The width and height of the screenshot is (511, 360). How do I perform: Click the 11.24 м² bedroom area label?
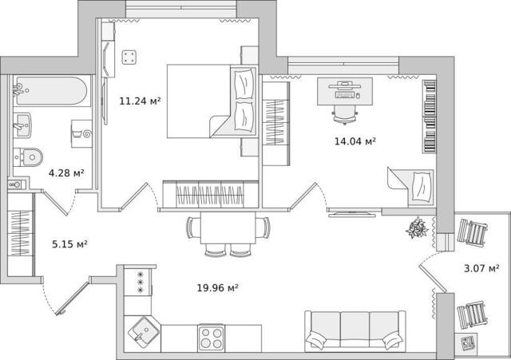coord(140,101)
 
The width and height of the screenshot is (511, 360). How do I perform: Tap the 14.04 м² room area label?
coord(355,141)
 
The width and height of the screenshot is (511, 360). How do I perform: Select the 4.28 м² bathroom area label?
coord(66,173)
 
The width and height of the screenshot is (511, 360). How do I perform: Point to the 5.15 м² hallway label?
coord(69,244)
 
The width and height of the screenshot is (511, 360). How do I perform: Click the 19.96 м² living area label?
coord(217,288)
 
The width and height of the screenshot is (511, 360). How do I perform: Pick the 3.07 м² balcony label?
coord(481,269)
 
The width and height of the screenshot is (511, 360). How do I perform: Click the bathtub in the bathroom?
coord(50,91)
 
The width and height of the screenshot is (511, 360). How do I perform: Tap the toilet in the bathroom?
coord(29,157)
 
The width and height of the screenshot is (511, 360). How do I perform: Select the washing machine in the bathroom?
coord(81,133)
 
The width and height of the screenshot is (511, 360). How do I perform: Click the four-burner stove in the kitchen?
coord(211,338)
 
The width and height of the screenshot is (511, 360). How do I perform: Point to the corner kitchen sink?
coord(144,333)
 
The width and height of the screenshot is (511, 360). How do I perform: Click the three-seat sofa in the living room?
coord(355,331)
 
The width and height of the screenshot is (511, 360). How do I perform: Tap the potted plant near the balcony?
coord(417,227)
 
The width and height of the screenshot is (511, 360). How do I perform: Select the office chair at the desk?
coord(346,116)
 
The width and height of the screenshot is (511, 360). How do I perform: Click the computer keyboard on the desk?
coord(345,95)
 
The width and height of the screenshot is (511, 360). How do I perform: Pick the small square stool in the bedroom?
coord(129,57)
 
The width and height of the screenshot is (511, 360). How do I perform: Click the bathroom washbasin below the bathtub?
coord(22,125)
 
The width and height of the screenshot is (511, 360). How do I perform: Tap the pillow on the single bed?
coord(422,187)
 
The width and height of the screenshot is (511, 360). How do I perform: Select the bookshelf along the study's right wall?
coord(430,117)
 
